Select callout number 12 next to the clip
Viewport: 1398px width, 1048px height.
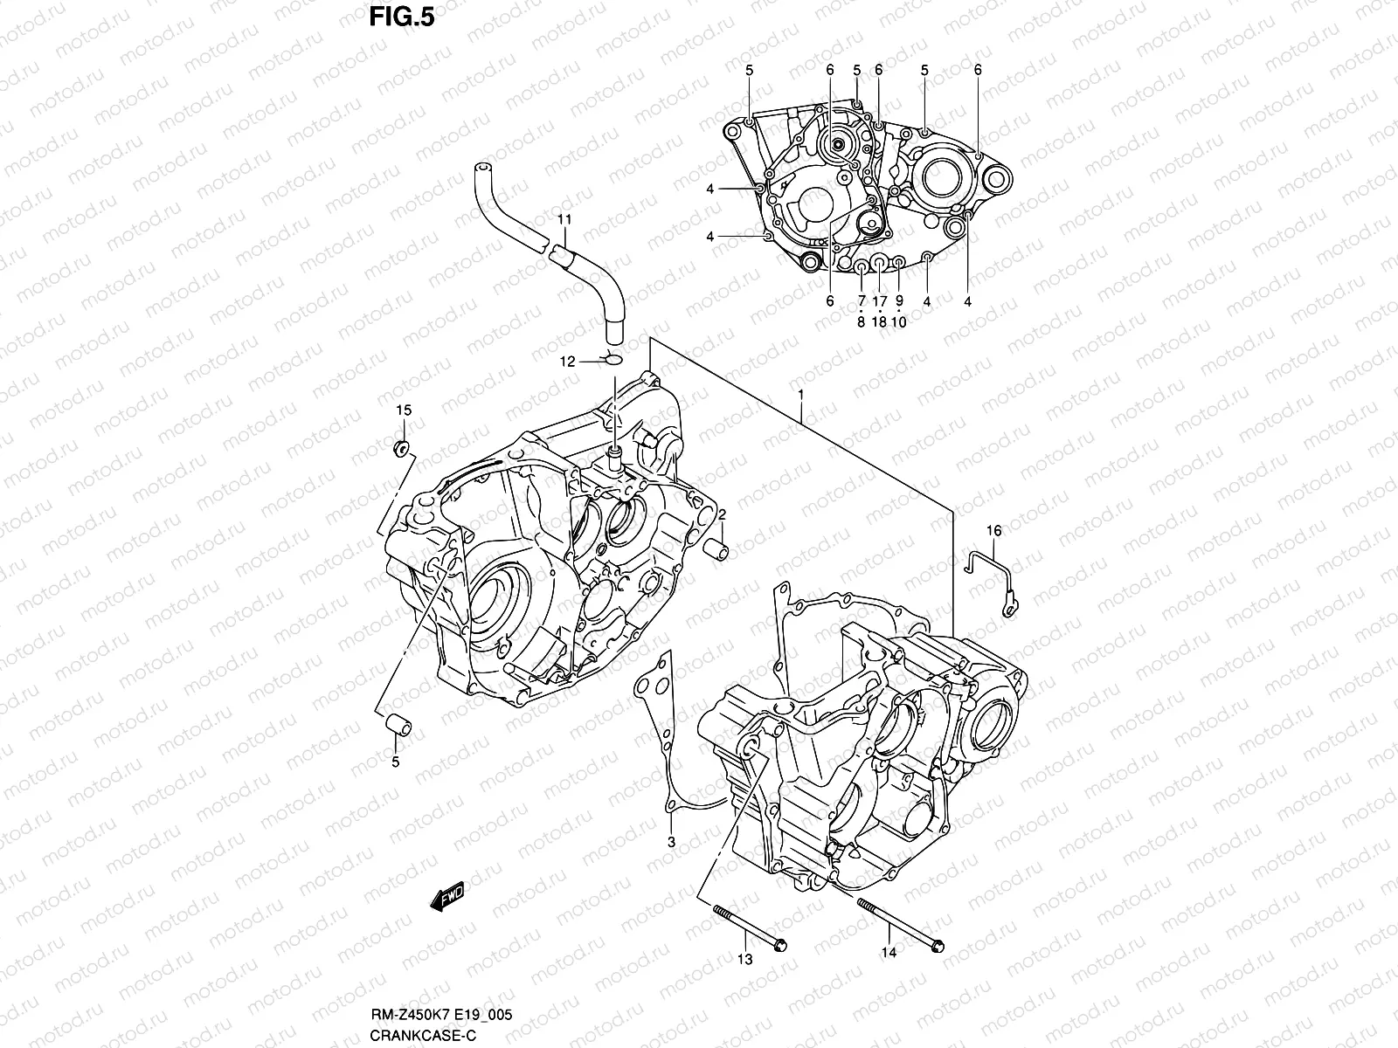[x=568, y=362]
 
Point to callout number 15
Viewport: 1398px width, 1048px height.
[x=404, y=410]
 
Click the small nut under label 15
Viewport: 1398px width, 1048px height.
[x=403, y=449]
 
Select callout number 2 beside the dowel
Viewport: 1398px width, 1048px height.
[x=723, y=517]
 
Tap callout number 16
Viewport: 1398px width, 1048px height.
[x=994, y=530]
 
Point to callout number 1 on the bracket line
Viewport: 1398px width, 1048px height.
[x=799, y=396]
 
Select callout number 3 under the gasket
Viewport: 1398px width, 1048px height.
[x=671, y=843]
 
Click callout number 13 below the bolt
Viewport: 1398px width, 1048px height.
[x=744, y=960]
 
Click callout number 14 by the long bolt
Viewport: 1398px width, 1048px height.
[x=889, y=953]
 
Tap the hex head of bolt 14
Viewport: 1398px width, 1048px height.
[x=938, y=945]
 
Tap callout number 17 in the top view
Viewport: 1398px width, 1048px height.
[x=879, y=301]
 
